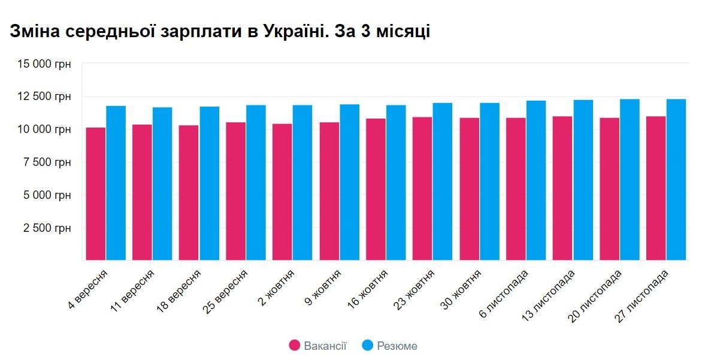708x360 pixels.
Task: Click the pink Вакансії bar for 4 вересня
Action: click(96, 194)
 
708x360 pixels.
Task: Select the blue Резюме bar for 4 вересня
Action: click(116, 183)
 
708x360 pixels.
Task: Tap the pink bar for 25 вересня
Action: click(236, 192)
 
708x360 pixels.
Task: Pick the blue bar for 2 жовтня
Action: click(303, 183)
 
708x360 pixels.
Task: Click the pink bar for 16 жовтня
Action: click(376, 190)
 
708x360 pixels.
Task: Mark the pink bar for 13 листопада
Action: click(562, 189)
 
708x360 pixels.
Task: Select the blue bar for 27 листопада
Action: click(676, 180)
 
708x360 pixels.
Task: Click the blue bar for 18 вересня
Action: click(210, 183)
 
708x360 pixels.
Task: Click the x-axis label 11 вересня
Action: click(134, 291)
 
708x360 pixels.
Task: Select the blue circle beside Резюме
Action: click(368, 346)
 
